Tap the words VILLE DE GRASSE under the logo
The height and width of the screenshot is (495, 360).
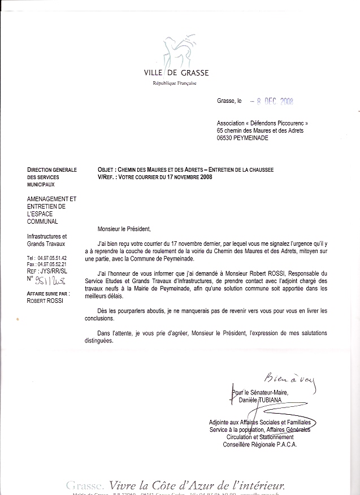(x=176, y=73)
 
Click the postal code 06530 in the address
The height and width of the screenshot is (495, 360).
(x=228, y=137)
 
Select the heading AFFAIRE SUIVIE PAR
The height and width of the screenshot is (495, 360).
(x=47, y=294)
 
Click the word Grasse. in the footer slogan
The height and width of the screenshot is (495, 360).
(x=85, y=485)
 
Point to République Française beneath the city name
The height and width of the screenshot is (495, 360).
(x=175, y=83)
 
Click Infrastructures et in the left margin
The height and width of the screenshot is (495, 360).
(x=47, y=236)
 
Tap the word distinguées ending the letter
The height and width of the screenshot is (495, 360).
(x=97, y=341)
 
